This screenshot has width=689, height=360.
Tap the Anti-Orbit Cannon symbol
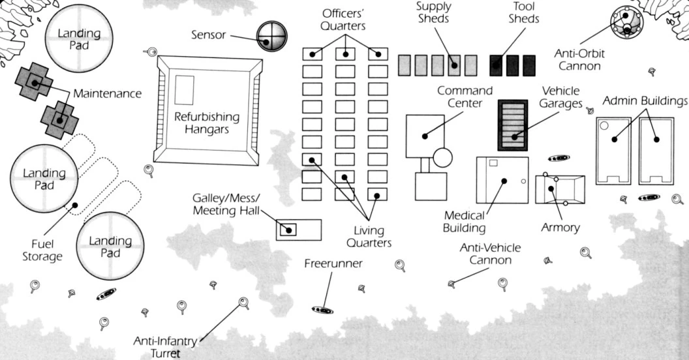626,22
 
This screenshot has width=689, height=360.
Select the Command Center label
465,97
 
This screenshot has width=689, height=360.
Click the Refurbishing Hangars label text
207,123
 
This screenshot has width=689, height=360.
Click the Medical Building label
464,221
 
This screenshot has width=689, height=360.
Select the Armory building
560,190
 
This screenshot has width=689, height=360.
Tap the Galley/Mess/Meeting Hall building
299,230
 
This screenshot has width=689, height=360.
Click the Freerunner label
333,263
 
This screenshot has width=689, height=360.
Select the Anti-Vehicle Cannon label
485,254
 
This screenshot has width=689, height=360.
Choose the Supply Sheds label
433,12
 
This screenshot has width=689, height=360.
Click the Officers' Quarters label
344,20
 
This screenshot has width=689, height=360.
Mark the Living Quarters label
369,237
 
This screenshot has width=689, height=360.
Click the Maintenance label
107,94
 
